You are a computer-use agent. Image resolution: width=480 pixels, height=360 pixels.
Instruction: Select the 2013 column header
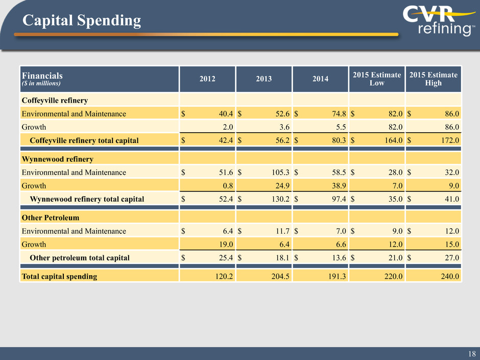(x=263, y=79)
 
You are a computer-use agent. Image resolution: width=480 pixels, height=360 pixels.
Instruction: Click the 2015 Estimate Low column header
(x=376, y=79)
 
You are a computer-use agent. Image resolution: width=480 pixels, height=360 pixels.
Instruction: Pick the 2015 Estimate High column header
(x=433, y=79)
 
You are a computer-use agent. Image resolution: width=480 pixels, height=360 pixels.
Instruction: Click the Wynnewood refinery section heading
(x=57, y=160)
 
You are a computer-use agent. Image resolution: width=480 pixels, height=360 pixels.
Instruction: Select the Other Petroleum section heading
(x=50, y=218)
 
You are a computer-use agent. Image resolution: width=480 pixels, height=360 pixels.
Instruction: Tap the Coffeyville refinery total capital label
(x=84, y=140)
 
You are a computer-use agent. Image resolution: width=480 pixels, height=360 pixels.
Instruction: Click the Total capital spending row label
(x=59, y=277)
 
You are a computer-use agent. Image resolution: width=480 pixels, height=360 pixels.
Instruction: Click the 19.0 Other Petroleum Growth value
(x=224, y=244)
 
